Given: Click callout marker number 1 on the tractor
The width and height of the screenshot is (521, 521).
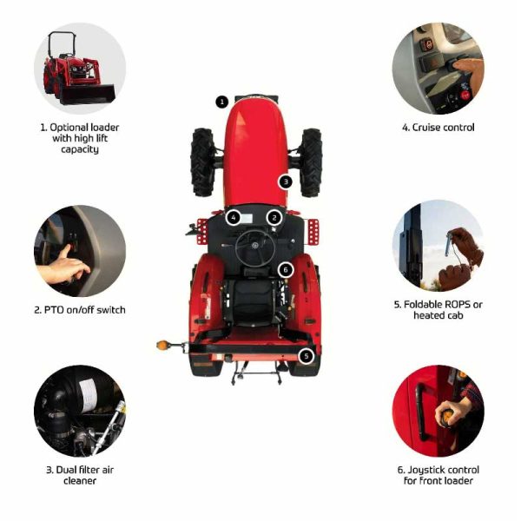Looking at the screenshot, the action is pos(222,102).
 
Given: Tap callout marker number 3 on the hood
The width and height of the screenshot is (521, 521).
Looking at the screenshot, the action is pos(286,181).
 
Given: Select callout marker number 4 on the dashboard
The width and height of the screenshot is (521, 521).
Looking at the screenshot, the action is pos(234,218).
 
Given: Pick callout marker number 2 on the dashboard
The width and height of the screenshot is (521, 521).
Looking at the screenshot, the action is pos(274,218).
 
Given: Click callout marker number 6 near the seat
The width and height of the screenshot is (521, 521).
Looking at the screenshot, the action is pos(286,270).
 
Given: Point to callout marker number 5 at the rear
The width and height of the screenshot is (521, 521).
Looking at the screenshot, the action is pos(306,356).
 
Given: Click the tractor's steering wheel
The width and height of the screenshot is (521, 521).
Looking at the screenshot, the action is pos(255,247).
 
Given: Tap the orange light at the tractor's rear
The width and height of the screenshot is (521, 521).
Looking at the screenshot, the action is pos(162,345).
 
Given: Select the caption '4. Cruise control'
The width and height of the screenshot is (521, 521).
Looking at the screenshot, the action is pos(439,128).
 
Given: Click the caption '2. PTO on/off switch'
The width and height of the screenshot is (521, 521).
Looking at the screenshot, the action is pos(80,310).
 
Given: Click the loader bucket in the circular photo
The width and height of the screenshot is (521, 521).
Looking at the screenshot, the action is pos(87,95).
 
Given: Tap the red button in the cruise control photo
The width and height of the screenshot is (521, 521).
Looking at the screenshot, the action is pos(465,95).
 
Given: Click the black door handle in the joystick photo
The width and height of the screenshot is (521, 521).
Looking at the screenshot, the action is pos(420,412).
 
